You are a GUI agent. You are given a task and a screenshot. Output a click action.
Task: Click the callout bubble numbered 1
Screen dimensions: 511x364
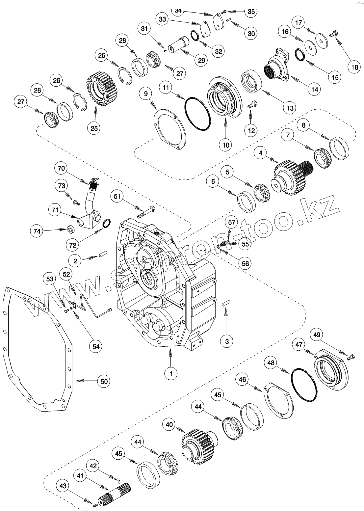pyautogui.click(x=171, y=373)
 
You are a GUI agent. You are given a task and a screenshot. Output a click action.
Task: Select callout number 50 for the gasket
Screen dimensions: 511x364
pyautogui.click(x=104, y=381)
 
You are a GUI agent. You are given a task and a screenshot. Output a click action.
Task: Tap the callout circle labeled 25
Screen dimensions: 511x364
pyautogui.click(x=94, y=128)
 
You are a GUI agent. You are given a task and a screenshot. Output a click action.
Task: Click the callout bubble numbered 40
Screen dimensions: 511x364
pyautogui.click(x=169, y=425)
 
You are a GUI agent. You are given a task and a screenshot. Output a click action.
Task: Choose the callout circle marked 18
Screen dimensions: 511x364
pyautogui.click(x=354, y=67)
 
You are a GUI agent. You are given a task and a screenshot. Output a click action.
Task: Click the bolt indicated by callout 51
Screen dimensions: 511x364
pyautogui.click(x=146, y=212)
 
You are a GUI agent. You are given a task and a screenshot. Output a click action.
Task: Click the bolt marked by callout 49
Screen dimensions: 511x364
pyautogui.click(x=351, y=357)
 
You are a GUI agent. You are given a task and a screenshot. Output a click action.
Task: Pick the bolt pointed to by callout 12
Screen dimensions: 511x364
pyautogui.click(x=253, y=106)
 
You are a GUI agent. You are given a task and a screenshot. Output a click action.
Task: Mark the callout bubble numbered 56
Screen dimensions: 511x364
pyautogui.click(x=245, y=263)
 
